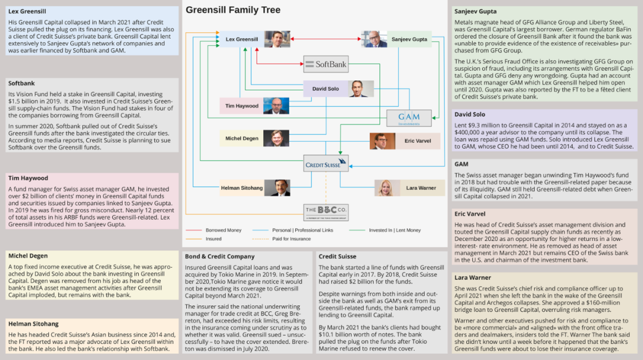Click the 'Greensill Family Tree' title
(x=233, y=10)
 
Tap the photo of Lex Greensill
(x=277, y=39)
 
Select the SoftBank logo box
(x=325, y=64)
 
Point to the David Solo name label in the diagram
(x=325, y=89)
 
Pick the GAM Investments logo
(x=409, y=118)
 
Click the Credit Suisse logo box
(x=325, y=164)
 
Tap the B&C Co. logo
(x=325, y=212)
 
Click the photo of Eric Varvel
(x=382, y=141)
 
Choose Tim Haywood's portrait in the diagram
(x=276, y=106)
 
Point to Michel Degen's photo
(x=276, y=139)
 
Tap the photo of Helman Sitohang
(x=277, y=187)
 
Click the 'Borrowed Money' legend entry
(x=224, y=230)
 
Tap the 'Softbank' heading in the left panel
(x=21, y=83)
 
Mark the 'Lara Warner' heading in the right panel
(x=473, y=278)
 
